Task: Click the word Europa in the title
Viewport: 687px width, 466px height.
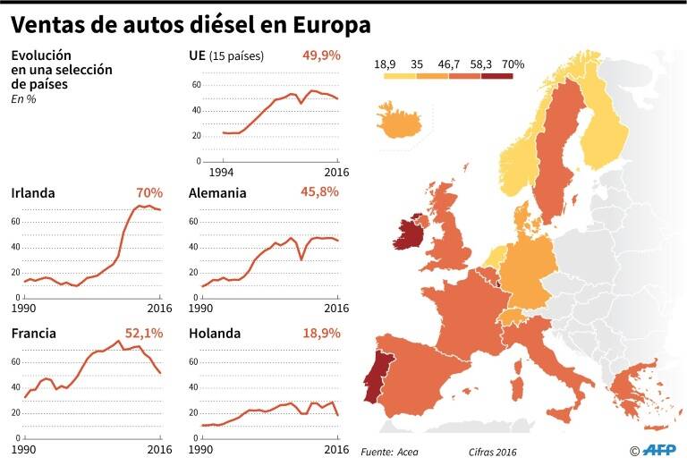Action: [332, 26]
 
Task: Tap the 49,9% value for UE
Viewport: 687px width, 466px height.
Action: [321, 55]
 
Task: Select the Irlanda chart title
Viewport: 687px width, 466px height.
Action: [33, 193]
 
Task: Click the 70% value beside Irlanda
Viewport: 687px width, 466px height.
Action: [149, 192]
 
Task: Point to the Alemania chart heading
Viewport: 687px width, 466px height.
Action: [217, 193]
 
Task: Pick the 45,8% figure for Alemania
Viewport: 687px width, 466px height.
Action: [319, 191]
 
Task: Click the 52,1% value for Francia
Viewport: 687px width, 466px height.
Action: [144, 334]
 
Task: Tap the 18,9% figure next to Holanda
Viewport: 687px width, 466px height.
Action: [322, 334]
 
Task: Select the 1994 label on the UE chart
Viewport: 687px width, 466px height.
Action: [221, 172]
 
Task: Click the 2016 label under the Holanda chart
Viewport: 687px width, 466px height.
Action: [336, 450]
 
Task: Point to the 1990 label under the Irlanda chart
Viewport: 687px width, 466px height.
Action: [23, 309]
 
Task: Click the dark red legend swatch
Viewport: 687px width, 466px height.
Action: [496, 76]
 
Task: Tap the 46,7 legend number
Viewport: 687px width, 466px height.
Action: [449, 64]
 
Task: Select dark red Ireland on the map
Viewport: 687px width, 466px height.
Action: [407, 233]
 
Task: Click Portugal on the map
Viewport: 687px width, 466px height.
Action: [377, 377]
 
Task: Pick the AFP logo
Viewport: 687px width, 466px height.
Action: [659, 450]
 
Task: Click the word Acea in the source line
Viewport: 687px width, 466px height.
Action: [408, 452]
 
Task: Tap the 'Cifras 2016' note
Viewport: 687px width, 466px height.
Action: [493, 452]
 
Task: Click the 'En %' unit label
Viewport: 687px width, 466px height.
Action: [23, 99]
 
